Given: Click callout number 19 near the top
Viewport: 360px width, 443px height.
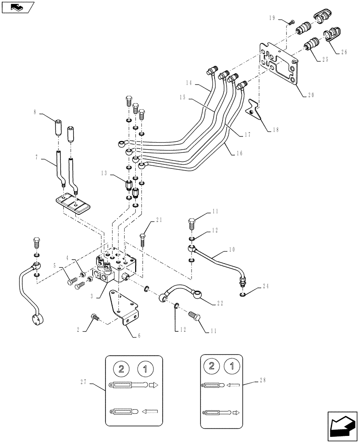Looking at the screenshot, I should (272, 18).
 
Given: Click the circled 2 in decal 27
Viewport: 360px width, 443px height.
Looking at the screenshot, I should (122, 369).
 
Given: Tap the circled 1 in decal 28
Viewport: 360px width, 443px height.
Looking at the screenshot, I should (230, 366).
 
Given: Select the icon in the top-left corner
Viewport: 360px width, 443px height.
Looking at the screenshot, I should (17, 7).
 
